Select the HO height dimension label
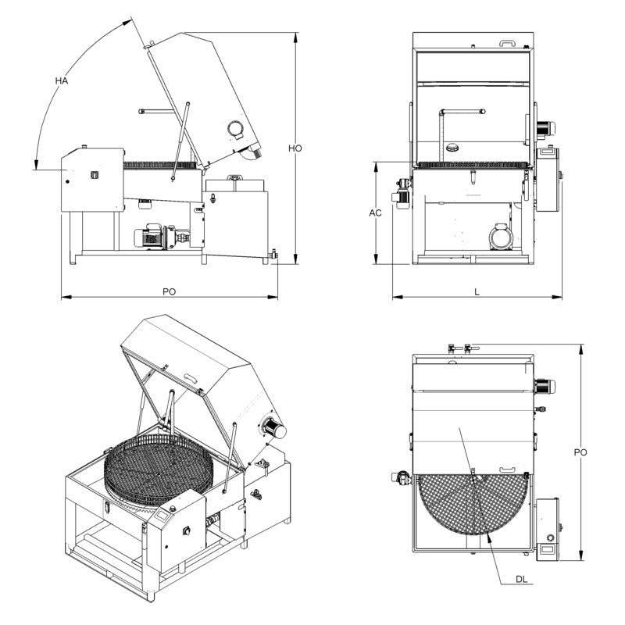(295, 148)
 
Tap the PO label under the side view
(169, 291)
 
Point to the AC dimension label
(375, 212)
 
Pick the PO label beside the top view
(580, 452)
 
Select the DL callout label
(523, 579)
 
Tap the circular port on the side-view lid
(235, 129)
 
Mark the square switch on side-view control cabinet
(94, 174)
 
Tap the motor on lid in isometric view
(273, 426)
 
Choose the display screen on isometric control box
(165, 514)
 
